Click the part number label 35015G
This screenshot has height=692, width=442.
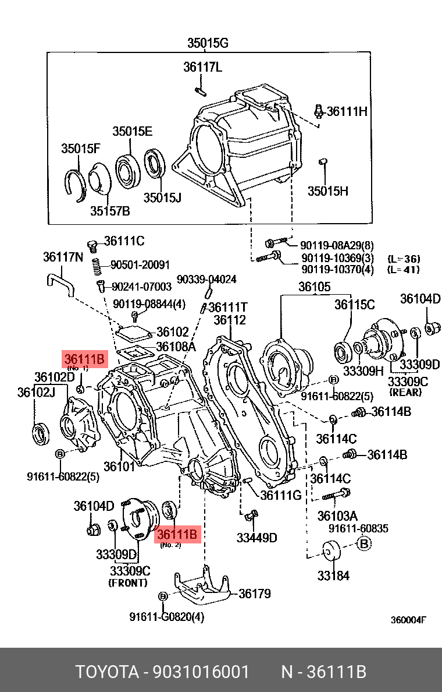tap(208, 43)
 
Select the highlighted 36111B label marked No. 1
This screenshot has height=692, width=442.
tap(85, 359)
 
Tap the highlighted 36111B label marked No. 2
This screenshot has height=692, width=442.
tap(178, 534)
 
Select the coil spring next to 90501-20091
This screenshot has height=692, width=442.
tap(98, 267)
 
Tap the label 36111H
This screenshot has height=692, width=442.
tap(347, 111)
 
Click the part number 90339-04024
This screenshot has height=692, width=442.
tap(206, 280)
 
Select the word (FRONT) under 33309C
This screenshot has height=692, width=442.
tap(128, 582)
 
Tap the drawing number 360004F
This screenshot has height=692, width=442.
tap(408, 620)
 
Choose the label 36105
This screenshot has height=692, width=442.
tap(315, 287)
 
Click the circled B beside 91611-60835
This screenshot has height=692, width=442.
tap(363, 544)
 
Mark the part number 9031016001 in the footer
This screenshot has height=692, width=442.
tap(201, 672)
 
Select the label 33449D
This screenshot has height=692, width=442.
tap(256, 537)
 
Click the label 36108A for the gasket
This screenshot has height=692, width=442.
tap(176, 347)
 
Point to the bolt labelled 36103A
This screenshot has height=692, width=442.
tap(336, 495)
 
